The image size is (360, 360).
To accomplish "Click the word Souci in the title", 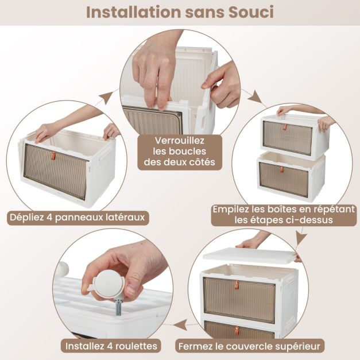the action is click(251, 12).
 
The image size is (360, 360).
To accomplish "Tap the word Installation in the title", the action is click(134, 12).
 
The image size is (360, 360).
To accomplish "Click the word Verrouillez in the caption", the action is click(180, 141).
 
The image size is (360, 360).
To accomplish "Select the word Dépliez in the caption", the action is click(26, 217).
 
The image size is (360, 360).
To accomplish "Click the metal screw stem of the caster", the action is click(119, 307).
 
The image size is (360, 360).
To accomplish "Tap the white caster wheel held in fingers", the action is click(108, 284).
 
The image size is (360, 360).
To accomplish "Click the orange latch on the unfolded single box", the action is click(53, 156).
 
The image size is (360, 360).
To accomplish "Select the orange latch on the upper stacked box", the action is click(285, 127).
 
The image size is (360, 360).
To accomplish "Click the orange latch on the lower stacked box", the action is click(281, 170).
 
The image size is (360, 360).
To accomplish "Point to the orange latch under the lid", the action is click(237, 285).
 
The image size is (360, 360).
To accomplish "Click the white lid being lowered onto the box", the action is click(249, 255).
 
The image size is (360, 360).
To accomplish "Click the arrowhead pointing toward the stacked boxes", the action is click(256, 98).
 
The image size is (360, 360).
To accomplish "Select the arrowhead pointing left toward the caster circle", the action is click(180, 325).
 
